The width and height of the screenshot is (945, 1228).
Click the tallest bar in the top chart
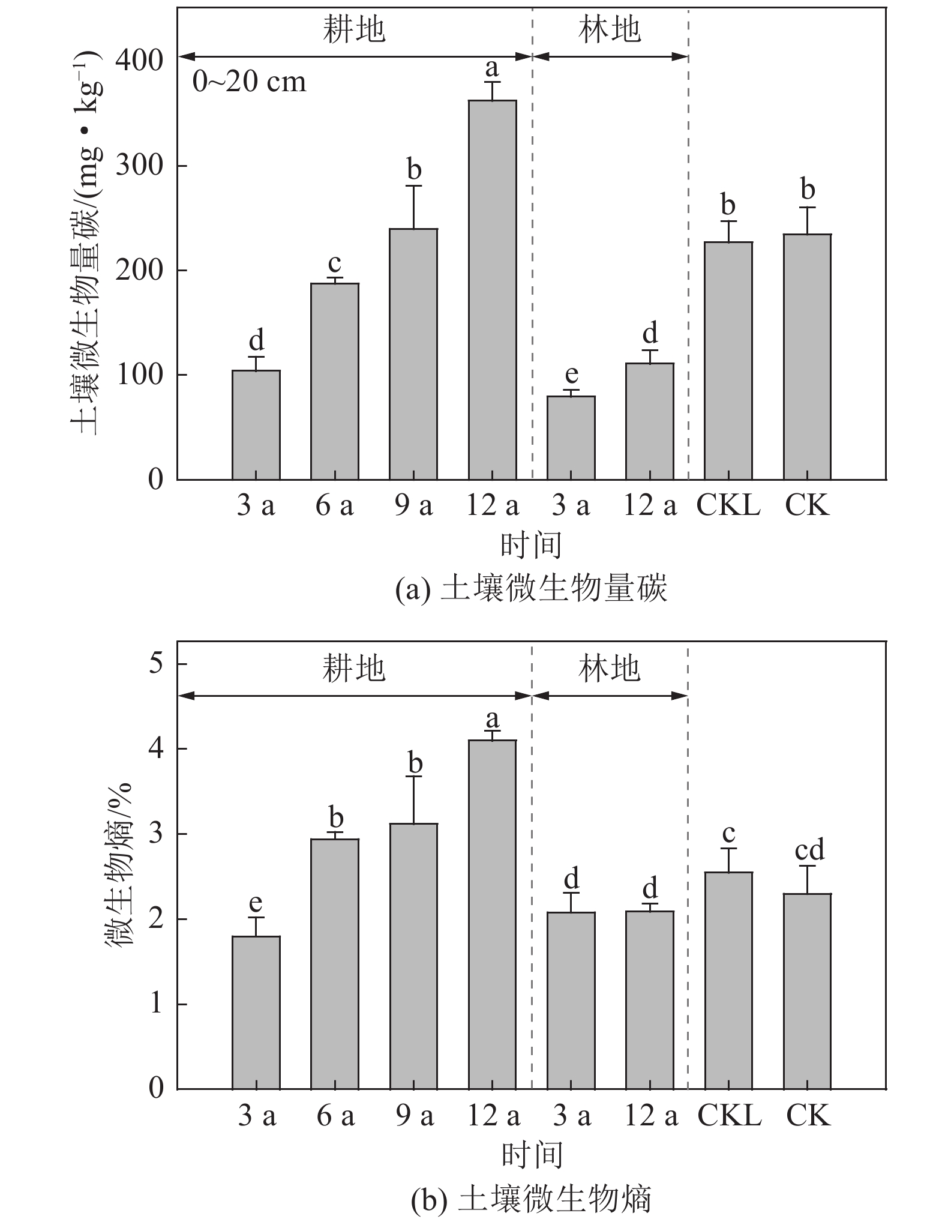tap(492, 289)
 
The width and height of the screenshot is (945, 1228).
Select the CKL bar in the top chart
tap(728, 360)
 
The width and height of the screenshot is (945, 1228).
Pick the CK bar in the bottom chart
tap(807, 991)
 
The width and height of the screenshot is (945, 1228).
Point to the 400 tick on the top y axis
tap(139, 61)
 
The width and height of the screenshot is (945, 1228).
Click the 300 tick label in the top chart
tap(139, 166)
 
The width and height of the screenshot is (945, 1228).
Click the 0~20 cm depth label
tap(249, 82)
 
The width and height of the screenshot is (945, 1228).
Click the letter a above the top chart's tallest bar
tap(492, 68)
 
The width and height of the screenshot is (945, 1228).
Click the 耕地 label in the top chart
tap(354, 29)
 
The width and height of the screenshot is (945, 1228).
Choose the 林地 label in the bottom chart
tap(610, 668)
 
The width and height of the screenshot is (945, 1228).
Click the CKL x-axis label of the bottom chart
tap(729, 1116)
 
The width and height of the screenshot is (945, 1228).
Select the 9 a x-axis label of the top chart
tap(413, 506)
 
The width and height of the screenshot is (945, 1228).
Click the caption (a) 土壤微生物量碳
tap(531, 589)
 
